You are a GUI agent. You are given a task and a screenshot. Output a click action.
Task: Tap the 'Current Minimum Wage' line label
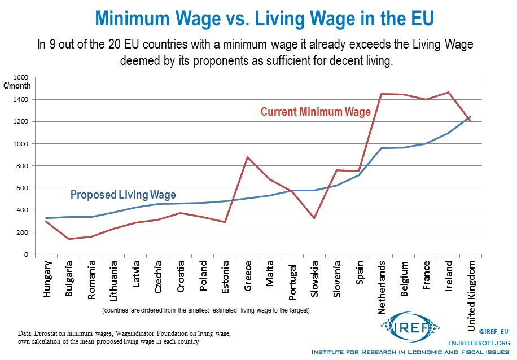[x=316, y=112]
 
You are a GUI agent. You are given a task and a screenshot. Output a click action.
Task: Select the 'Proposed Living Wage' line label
[x=124, y=195]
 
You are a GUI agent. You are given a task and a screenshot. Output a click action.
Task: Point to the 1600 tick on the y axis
[x=21, y=77]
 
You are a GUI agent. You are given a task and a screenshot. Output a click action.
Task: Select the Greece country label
[x=248, y=277]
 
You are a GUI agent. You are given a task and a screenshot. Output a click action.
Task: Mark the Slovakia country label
[x=315, y=280]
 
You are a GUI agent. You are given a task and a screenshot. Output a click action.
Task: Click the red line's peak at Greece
[x=248, y=157]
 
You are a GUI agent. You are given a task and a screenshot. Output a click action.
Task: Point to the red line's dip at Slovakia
[x=315, y=218]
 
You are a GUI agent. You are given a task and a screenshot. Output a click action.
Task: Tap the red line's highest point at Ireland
[x=449, y=92]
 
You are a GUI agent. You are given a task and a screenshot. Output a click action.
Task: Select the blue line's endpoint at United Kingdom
[x=471, y=117]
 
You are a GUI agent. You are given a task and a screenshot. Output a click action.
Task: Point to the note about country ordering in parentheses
[x=206, y=310]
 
